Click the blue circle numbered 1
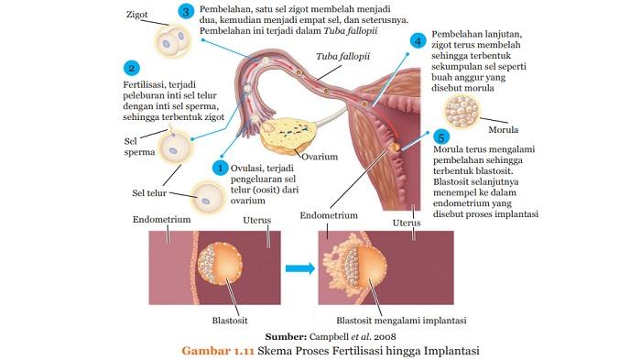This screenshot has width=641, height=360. (220, 168)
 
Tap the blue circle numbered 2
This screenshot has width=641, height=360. (133, 69)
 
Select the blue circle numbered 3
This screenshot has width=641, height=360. (186, 13)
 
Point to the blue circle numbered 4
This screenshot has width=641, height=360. (418, 42)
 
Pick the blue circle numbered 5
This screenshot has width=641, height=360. (441, 136)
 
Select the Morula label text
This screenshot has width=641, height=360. (504, 129)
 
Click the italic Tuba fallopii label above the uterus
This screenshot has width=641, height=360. (340, 57)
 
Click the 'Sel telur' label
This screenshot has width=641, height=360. (151, 192)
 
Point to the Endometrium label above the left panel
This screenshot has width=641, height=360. (161, 220)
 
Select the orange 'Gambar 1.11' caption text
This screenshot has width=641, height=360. (219, 350)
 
